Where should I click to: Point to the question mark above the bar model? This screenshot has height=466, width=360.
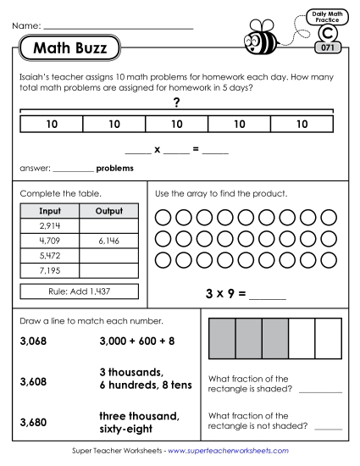point(176,103)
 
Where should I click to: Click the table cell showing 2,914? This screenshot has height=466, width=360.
point(47,226)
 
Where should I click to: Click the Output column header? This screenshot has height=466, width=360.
point(110,211)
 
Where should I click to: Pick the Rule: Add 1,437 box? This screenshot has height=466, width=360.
point(79,291)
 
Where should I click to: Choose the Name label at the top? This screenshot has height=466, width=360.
point(26,27)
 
